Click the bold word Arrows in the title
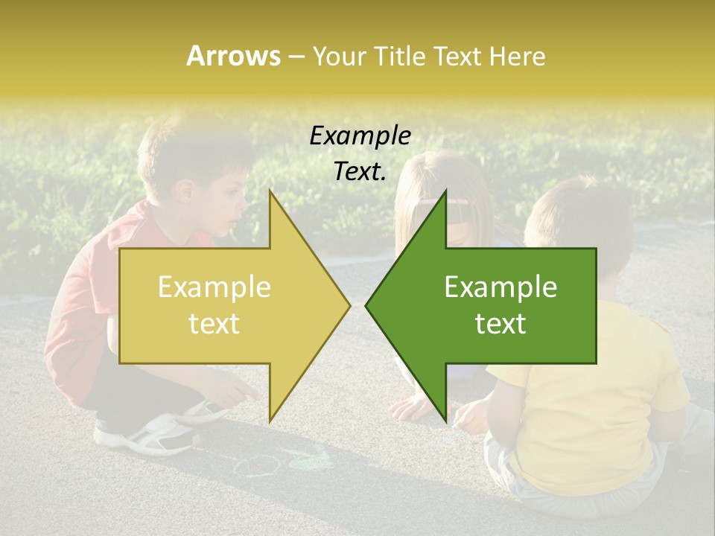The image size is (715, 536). [233, 56]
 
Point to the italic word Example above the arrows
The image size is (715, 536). [360, 136]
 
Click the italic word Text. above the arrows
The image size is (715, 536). [360, 172]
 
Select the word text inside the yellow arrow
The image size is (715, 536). [214, 323]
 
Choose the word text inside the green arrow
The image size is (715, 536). [500, 323]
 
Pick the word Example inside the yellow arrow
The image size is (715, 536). [214, 287]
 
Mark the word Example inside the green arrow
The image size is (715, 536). [500, 287]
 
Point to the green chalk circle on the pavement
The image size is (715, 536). [258, 466]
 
